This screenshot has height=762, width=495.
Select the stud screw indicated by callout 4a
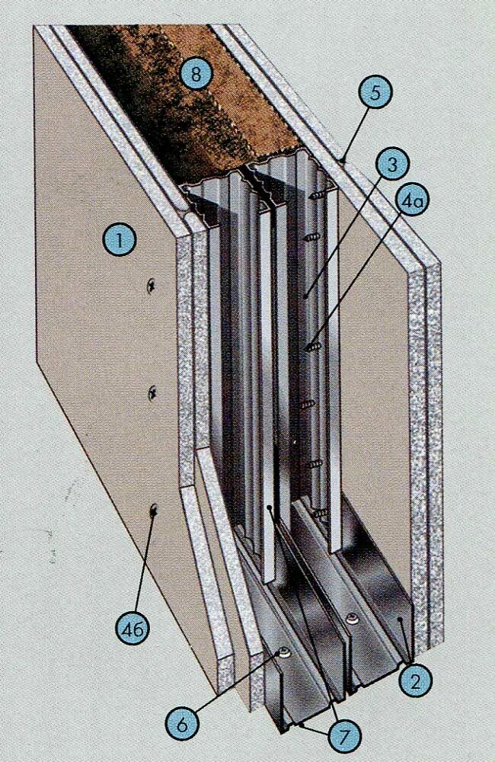[311, 347]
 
